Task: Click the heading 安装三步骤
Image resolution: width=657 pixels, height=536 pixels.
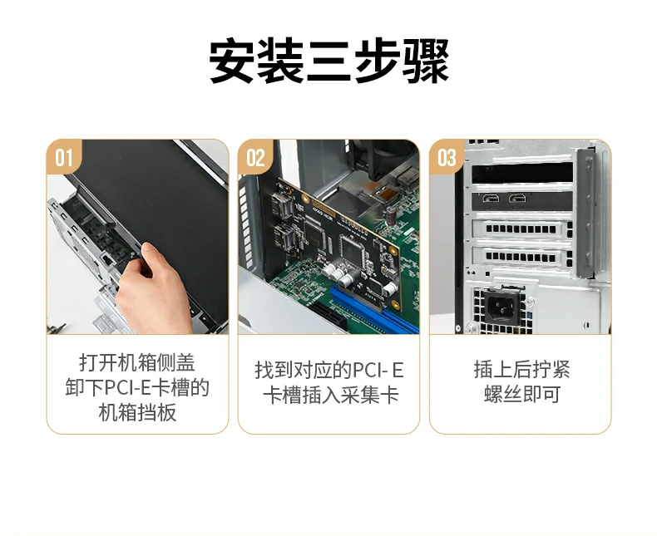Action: [x=328, y=61]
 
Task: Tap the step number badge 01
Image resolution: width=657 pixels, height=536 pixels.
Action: [x=64, y=158]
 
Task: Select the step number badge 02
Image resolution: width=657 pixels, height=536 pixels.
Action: [x=256, y=158]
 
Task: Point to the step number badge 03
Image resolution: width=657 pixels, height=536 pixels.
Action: [x=447, y=158]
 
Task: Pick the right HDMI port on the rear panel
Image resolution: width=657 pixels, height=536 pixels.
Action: [x=518, y=199]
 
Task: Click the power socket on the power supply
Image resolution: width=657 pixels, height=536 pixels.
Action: [x=501, y=307]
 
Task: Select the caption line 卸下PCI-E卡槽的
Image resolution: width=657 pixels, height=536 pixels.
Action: [x=137, y=387]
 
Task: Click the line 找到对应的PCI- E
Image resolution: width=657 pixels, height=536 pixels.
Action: [x=329, y=371]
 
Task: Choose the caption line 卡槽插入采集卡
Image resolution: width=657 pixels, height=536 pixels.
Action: [x=329, y=396]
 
